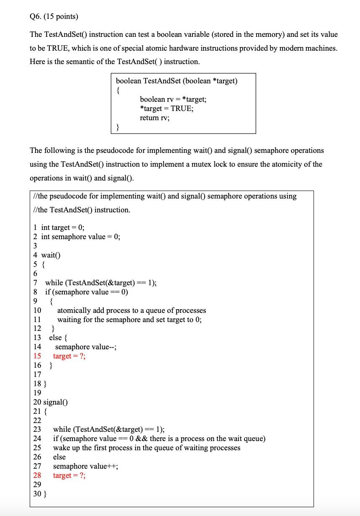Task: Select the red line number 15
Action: pyautogui.click(x=37, y=356)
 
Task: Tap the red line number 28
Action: pyautogui.click(x=37, y=475)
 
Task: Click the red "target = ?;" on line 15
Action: pyautogui.click(x=69, y=356)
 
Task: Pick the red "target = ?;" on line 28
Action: pyautogui.click(x=69, y=475)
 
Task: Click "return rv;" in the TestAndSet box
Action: pyautogui.click(x=154, y=118)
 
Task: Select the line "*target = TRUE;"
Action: pyautogui.click(x=167, y=108)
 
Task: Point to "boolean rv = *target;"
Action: pyautogui.click(x=173, y=99)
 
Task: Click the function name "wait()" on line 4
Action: pyautogui.click(x=51, y=255)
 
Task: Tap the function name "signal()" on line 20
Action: pyautogui.click(x=56, y=402)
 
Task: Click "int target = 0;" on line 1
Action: pyautogui.click(x=63, y=227)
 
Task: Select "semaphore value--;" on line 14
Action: pyautogui.click(x=86, y=347)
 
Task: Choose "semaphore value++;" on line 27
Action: pyautogui.click(x=85, y=466)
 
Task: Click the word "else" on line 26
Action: pyautogui.click(x=59, y=457)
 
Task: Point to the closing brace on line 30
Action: pyautogui.click(x=45, y=494)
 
